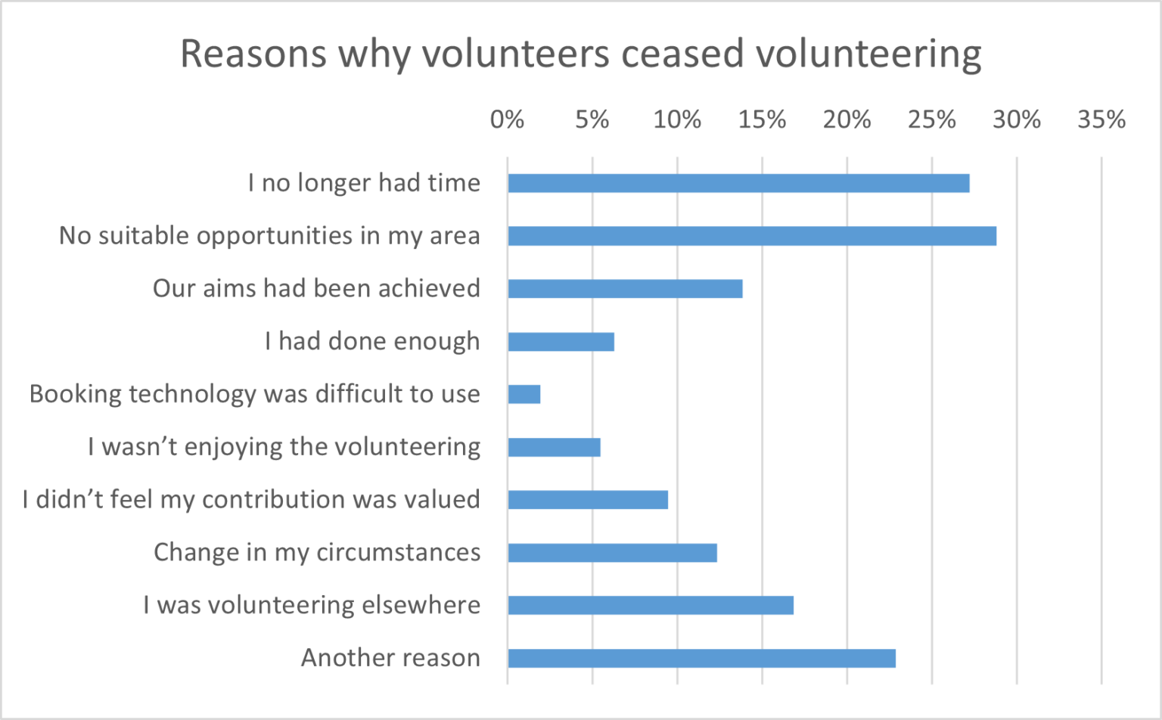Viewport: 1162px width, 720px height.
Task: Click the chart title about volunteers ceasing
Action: point(580,54)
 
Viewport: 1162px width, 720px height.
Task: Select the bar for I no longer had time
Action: point(738,183)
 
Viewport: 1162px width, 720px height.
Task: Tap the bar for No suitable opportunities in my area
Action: point(752,236)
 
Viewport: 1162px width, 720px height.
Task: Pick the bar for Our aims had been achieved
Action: point(625,289)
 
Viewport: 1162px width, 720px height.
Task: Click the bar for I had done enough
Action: point(561,342)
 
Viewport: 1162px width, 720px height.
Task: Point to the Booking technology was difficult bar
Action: point(524,394)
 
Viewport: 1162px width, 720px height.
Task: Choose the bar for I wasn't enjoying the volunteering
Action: point(554,447)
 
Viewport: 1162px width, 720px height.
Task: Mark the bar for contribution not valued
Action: point(588,500)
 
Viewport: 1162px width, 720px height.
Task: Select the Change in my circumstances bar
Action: point(612,553)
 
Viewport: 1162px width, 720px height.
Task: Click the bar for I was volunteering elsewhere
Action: point(651,605)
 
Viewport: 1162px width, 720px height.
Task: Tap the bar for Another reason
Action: point(701,658)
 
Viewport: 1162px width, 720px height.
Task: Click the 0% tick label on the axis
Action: point(507,119)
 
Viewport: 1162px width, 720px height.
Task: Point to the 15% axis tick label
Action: point(762,119)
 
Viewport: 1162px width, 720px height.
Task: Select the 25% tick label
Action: point(931,119)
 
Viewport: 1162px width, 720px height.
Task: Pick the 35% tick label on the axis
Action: point(1101,119)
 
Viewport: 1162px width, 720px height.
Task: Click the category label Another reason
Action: point(390,658)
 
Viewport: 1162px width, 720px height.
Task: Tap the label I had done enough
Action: point(372,342)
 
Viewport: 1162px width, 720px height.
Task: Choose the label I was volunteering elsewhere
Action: point(312,605)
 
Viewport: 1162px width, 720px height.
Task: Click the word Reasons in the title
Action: point(253,54)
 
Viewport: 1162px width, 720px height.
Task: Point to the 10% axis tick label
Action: point(677,119)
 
